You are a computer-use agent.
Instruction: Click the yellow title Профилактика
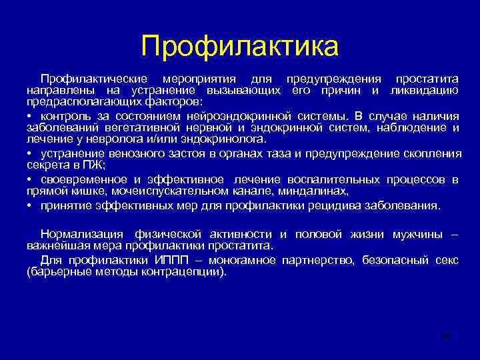coord(239,46)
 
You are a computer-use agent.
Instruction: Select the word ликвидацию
coord(424,90)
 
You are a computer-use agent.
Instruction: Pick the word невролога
coord(119,139)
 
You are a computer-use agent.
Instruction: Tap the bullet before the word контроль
coord(30,115)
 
